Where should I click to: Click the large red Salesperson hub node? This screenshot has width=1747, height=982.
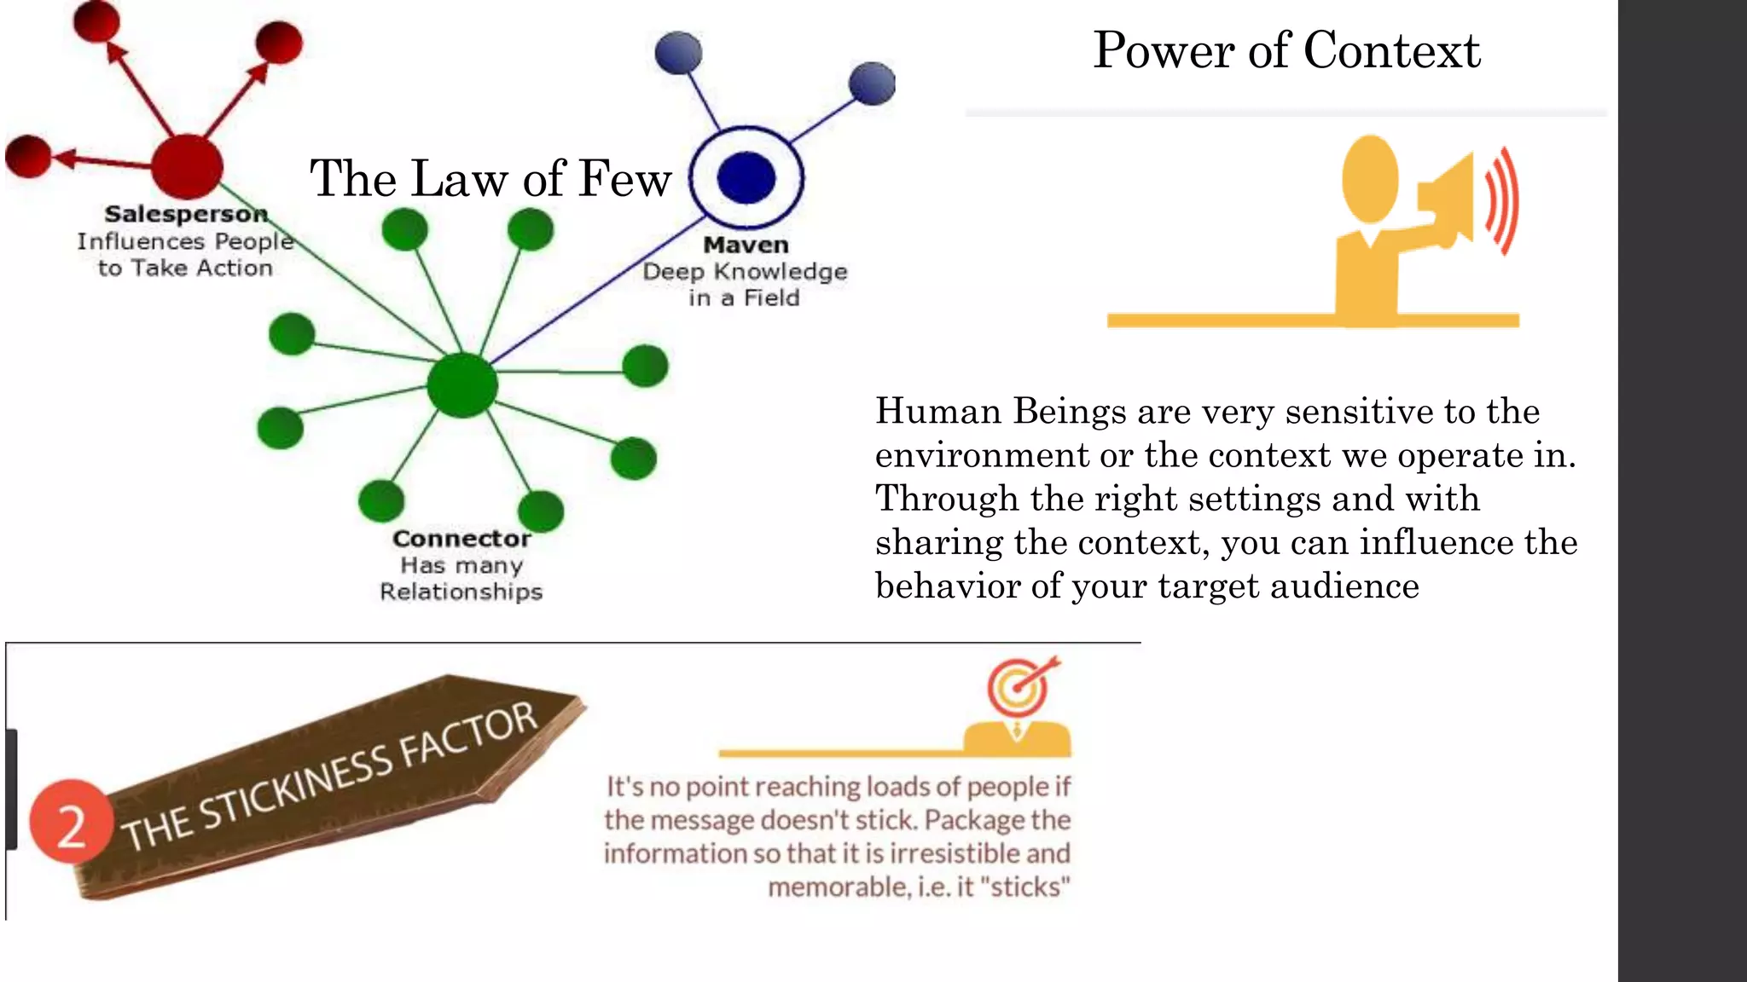(187, 166)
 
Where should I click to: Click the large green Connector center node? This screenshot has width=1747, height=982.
(462, 385)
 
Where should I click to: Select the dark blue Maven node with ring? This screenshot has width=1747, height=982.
(746, 177)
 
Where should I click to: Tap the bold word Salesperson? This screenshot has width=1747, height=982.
(186, 213)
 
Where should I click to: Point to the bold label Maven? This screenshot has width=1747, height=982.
(746, 245)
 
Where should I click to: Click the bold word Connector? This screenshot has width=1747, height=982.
(461, 539)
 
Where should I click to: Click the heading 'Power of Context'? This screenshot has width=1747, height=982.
(1286, 50)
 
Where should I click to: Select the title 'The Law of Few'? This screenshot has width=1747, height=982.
(490, 179)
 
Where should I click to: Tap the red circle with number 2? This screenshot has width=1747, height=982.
(71, 822)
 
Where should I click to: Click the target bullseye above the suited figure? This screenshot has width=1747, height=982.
(1019, 686)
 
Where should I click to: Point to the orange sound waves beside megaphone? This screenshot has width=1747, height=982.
(1503, 201)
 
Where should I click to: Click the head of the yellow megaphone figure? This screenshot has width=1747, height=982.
(1370, 178)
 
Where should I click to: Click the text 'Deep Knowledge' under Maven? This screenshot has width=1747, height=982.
(745, 272)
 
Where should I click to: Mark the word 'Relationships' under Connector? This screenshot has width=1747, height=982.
(461, 592)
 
